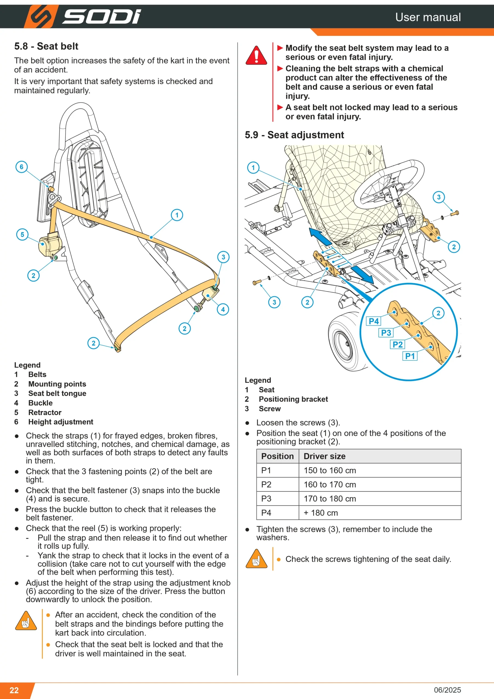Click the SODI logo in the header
[82, 16]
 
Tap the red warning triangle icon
[256, 55]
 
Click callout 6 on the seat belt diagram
[21, 167]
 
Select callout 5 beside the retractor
[22, 235]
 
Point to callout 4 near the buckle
[223, 309]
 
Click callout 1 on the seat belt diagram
[177, 215]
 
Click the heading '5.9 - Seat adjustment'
[294, 135]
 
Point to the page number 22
[14, 690]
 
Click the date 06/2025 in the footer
[447, 690]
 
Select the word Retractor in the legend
[45, 413]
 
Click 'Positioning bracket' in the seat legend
[293, 399]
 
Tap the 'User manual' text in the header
[428, 17]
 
